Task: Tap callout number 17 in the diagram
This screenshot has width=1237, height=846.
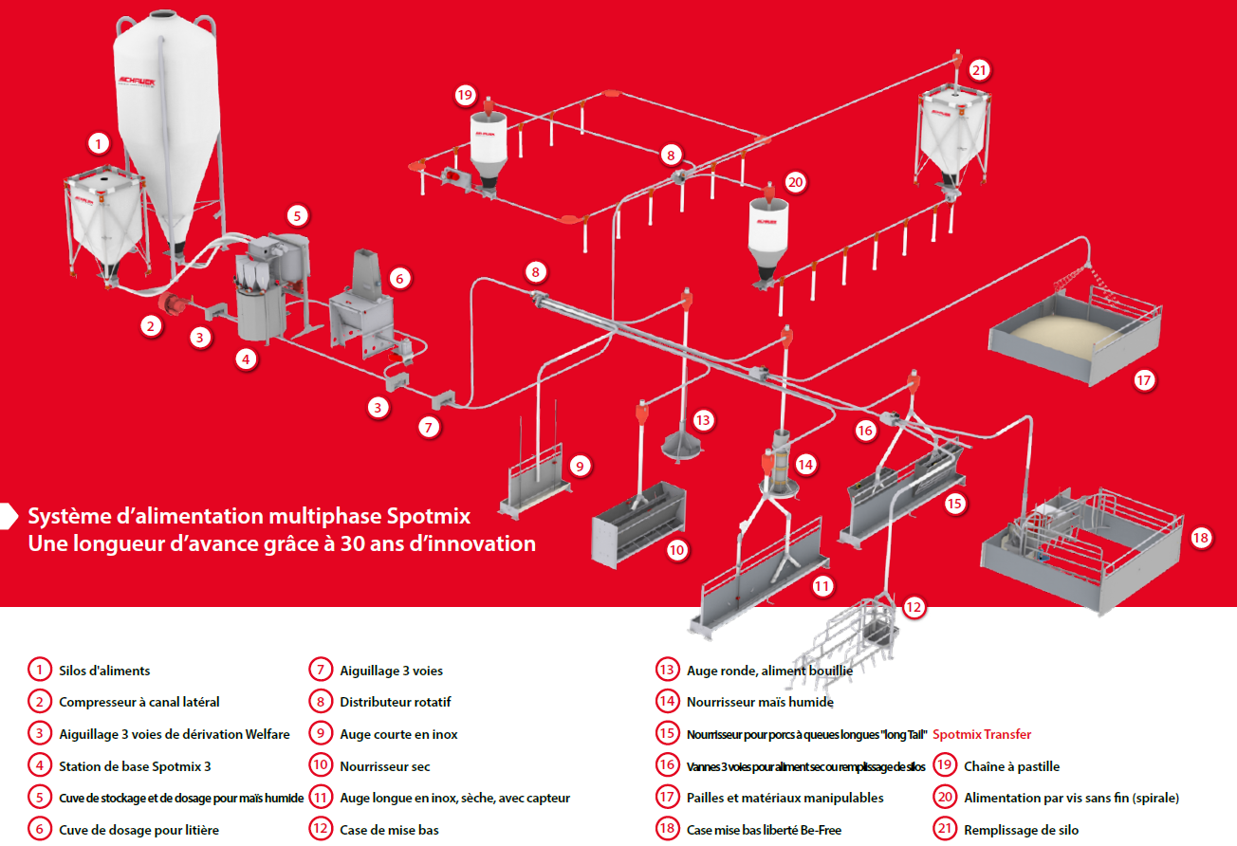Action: click(x=1144, y=380)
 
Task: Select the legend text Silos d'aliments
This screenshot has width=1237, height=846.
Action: click(x=104, y=671)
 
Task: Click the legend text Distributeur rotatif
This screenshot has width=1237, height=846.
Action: click(x=396, y=703)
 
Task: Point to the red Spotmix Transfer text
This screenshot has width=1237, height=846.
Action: click(x=982, y=734)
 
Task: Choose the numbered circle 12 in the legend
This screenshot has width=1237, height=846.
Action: click(x=321, y=830)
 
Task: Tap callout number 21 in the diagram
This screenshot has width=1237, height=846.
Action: click(x=980, y=70)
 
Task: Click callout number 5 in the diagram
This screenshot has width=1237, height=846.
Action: click(x=297, y=215)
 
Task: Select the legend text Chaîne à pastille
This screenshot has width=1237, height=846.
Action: click(x=1011, y=766)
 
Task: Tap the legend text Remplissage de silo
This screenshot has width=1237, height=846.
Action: click(x=1021, y=830)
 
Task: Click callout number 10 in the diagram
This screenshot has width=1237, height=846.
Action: click(x=676, y=550)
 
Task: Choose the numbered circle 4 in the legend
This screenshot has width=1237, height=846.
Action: click(x=39, y=766)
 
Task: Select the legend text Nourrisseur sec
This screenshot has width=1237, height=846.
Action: click(x=385, y=766)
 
